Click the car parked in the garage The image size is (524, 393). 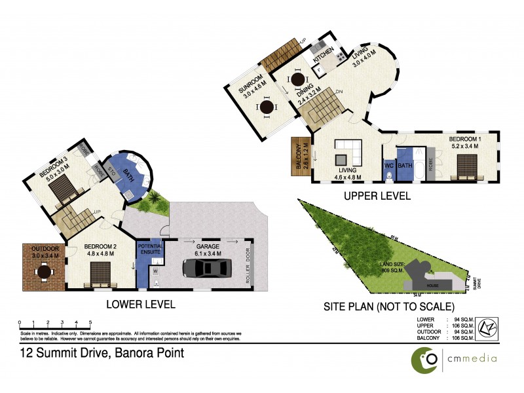point(206,269)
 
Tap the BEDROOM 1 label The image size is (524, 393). point(464,142)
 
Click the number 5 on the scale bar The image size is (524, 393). point(90,322)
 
